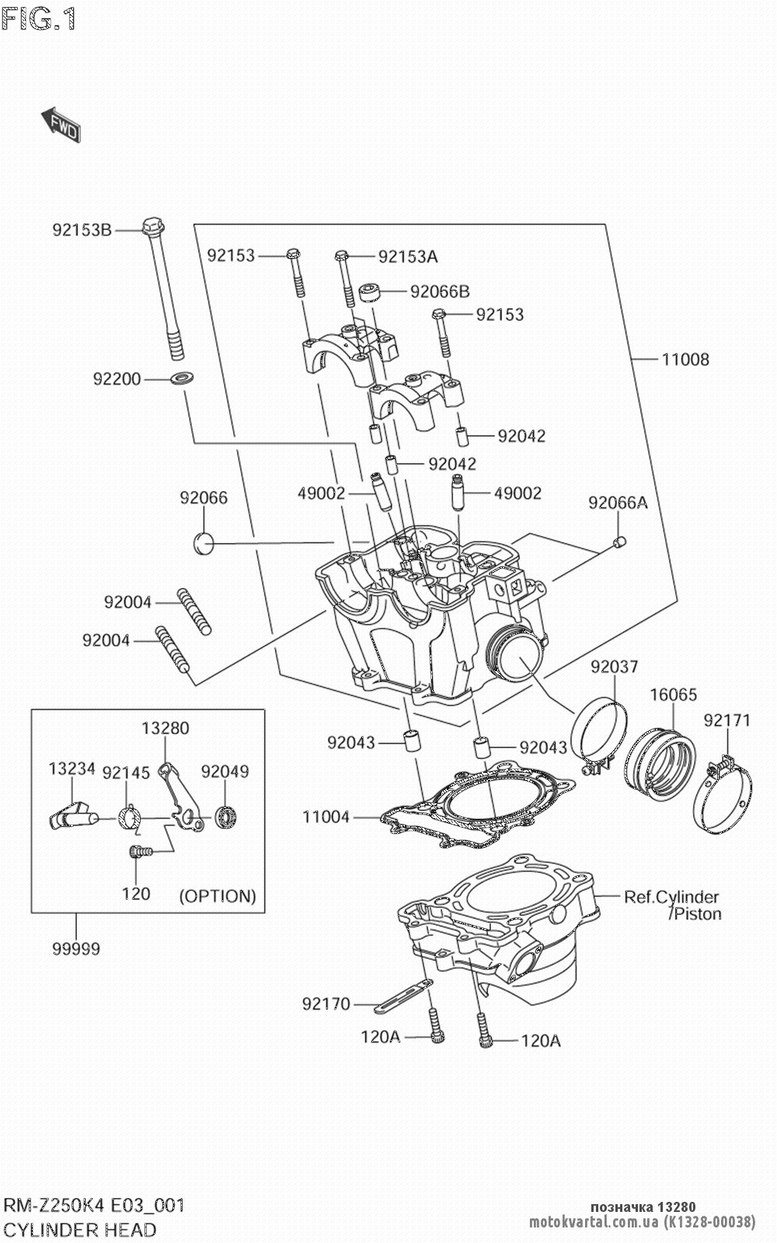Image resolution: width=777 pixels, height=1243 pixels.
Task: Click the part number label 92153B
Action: pos(82,230)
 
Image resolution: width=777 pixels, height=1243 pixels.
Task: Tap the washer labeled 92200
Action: pos(183,379)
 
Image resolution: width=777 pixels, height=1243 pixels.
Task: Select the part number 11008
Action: pos(685,360)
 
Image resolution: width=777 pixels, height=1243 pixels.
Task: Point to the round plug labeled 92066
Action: pos(204,544)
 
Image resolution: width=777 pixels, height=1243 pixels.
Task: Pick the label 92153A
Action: pos(408,256)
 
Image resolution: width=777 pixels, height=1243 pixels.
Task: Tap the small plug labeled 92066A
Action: pos(620,542)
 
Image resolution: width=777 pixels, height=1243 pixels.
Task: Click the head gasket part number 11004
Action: pos(326,817)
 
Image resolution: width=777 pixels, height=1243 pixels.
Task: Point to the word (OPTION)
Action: pos(218,896)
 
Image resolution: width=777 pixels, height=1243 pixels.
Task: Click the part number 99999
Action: pos(76,949)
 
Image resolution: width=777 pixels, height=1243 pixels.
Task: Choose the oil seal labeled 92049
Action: pos(227,818)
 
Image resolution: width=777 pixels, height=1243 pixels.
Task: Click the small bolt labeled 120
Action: pos(139,852)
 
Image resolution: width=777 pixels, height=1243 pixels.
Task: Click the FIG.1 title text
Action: pos(39,19)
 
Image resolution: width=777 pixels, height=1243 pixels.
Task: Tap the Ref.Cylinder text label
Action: pos(671,897)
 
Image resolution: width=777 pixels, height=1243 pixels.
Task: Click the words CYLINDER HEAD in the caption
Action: pos(81,1230)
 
